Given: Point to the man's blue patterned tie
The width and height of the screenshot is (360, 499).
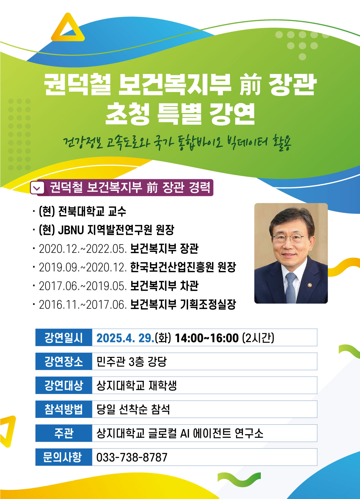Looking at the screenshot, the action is [291, 288].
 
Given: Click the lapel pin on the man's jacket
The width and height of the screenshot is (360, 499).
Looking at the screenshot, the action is [310, 285].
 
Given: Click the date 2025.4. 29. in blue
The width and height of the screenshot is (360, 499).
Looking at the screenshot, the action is [125, 338].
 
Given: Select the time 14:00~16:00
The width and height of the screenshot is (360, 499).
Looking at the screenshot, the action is [206, 338].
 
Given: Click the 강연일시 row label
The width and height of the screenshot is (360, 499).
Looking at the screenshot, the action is [64, 338].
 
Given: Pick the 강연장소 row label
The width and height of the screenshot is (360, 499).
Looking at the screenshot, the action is [64, 361].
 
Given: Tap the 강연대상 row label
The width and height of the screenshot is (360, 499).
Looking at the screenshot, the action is [64, 385].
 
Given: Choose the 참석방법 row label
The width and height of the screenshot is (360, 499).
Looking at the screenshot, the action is [64, 409].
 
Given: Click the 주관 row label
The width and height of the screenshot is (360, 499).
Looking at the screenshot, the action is [64, 433].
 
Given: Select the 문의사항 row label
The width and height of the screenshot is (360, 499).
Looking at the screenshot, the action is [64, 457].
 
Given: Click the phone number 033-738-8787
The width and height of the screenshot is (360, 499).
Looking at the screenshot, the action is [132, 457].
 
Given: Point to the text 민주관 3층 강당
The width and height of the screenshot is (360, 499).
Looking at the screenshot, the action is [132, 361].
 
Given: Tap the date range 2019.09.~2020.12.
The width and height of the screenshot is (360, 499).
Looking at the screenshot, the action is [83, 267].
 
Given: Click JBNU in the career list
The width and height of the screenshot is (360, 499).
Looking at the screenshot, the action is [71, 230].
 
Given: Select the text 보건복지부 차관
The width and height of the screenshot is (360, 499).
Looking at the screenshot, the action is [164, 286].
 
